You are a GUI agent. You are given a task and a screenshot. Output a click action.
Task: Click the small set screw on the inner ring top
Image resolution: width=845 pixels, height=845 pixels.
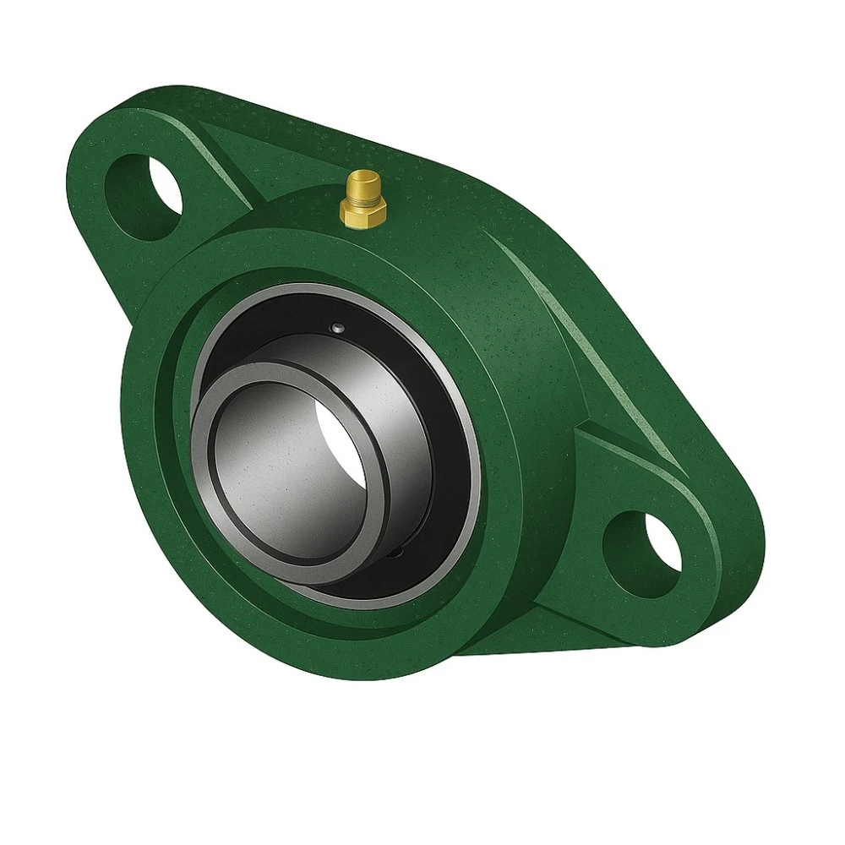[x=337, y=329]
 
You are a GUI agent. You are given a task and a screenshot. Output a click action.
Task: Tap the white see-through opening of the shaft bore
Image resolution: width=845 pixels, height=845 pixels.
[x=341, y=431]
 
